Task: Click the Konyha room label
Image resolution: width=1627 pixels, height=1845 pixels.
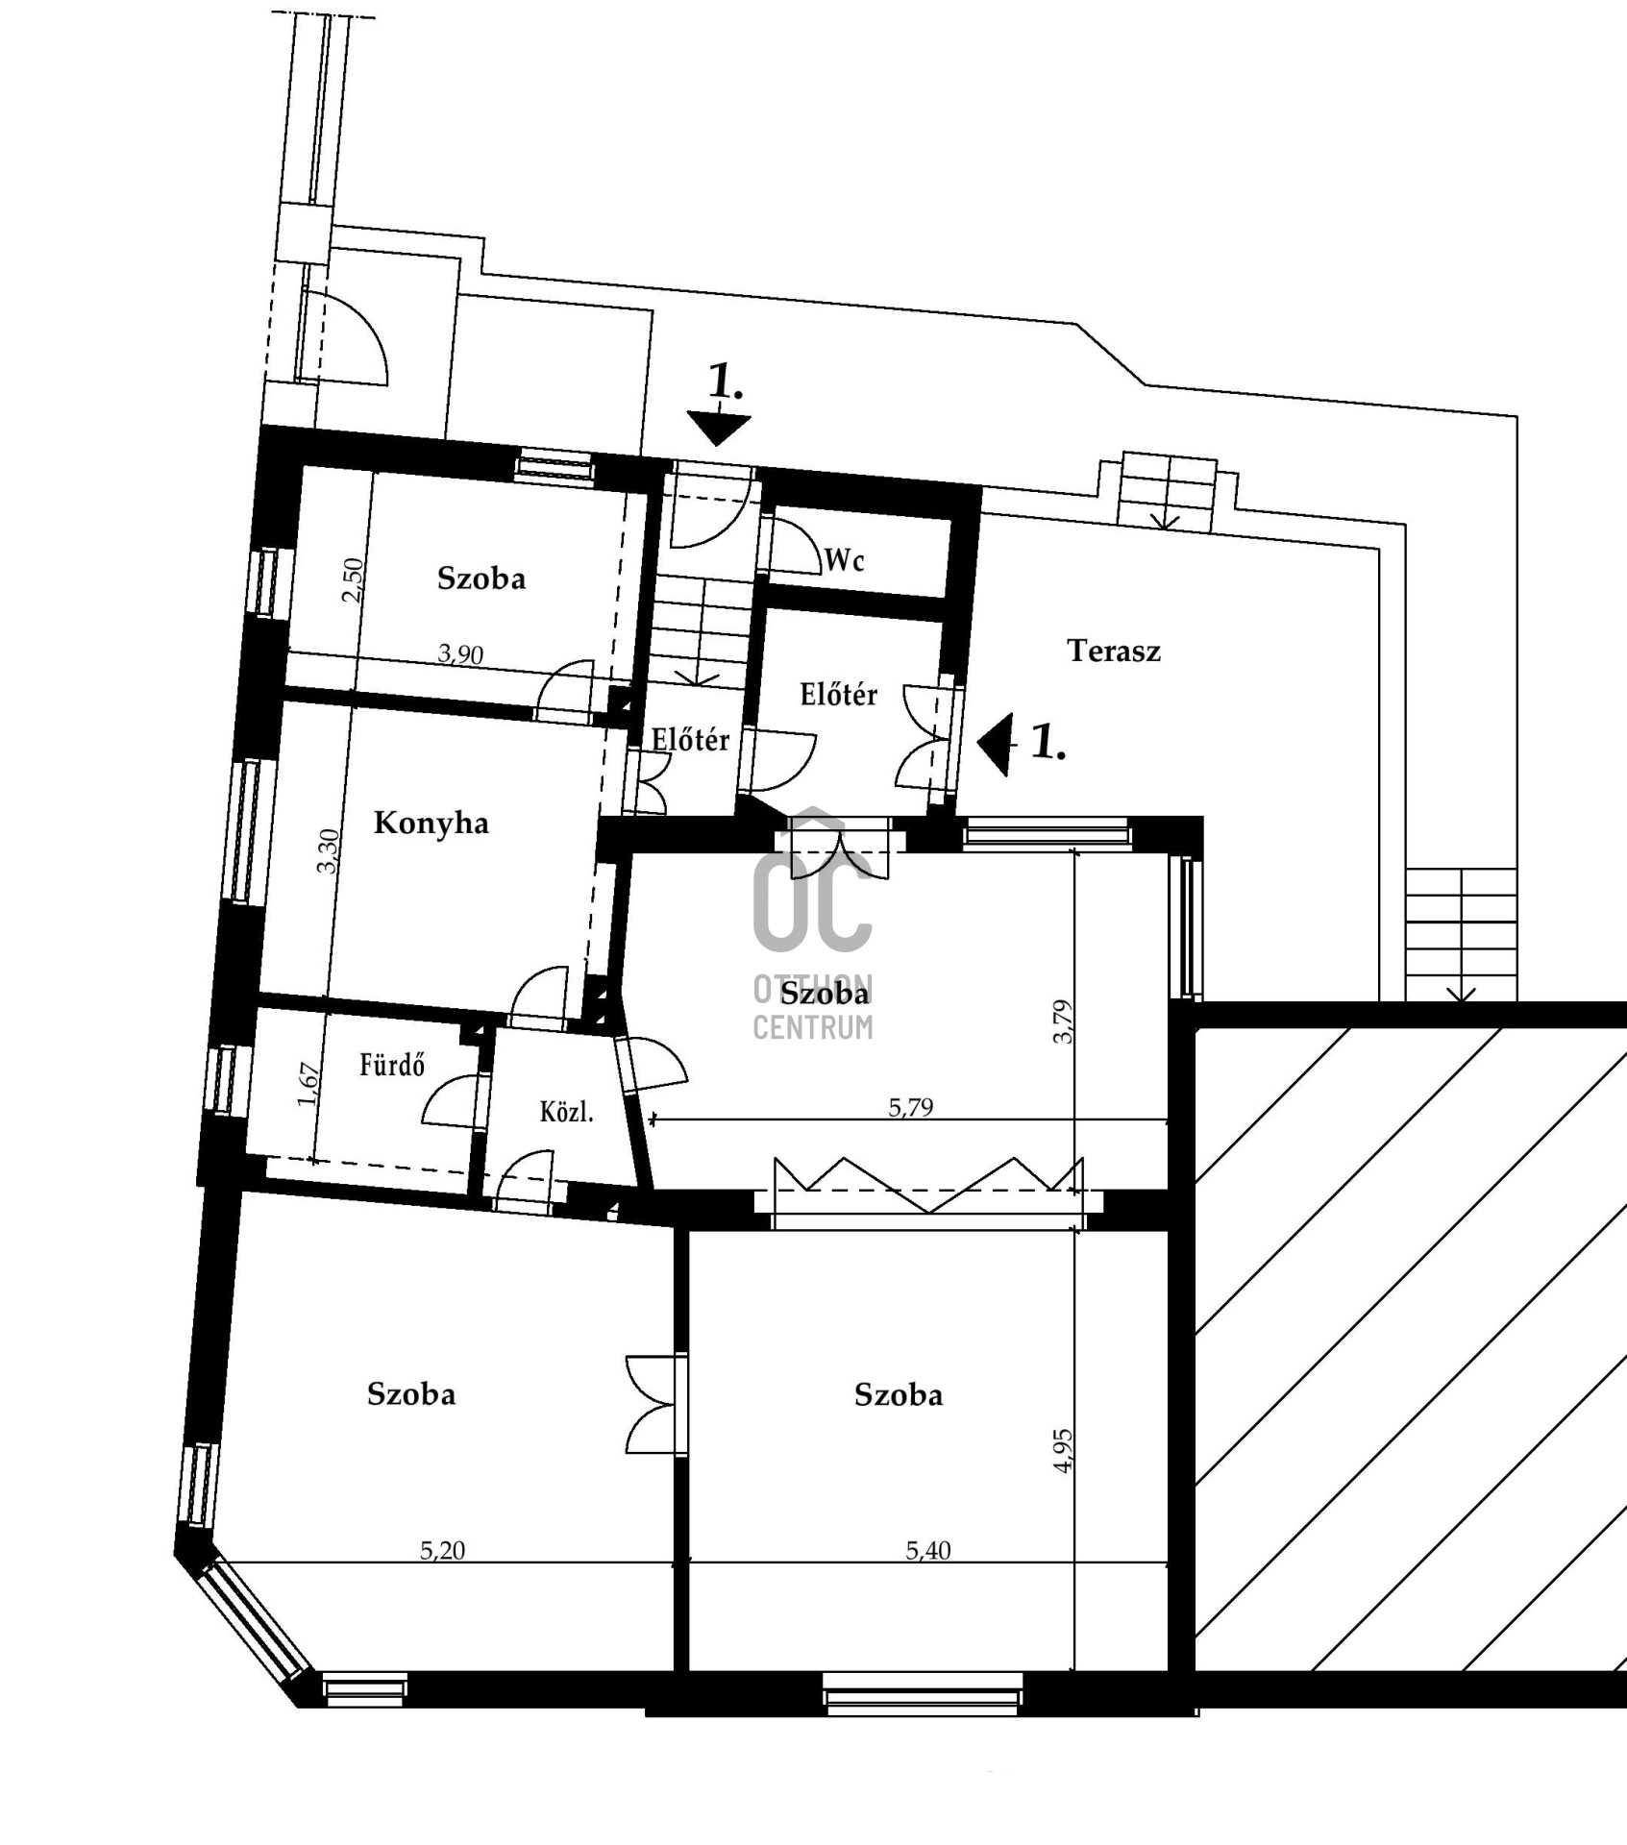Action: tap(431, 824)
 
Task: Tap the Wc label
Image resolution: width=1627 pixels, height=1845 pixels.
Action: tap(845, 560)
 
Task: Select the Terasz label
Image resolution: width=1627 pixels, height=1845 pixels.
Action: tap(1114, 652)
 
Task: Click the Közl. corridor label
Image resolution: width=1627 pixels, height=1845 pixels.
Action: tap(566, 1113)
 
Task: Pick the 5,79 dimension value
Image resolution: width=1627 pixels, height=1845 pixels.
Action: tap(910, 1107)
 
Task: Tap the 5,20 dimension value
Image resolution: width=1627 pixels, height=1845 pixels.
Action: tap(443, 1550)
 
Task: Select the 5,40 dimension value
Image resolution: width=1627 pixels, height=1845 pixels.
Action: tap(928, 1550)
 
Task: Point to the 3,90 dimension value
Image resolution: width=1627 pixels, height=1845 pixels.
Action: tap(460, 654)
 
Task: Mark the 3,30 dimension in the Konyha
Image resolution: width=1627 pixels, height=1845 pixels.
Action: tap(328, 850)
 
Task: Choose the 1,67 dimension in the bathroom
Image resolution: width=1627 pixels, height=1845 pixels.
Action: tap(308, 1085)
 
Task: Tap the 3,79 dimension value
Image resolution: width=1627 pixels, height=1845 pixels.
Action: tap(1063, 1022)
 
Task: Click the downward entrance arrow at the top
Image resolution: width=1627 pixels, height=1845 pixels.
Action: tap(719, 429)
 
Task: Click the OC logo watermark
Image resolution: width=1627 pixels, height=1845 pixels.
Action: tap(813, 876)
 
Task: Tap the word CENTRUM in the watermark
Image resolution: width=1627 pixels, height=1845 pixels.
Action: tap(813, 1027)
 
